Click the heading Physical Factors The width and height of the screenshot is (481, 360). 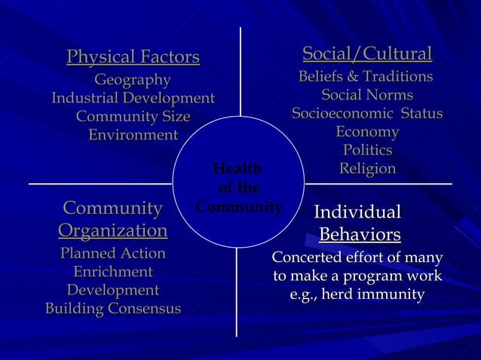[x=133, y=57]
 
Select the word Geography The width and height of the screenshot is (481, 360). [x=133, y=81]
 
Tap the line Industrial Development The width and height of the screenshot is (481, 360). [x=133, y=99]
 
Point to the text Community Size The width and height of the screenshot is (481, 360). [x=133, y=117]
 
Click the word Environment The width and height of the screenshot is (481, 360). [x=133, y=136]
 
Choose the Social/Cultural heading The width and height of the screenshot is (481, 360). [x=367, y=54]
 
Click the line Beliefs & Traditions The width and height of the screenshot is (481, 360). [x=366, y=77]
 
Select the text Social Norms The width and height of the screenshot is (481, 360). [x=367, y=96]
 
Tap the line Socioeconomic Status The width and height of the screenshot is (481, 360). [x=367, y=114]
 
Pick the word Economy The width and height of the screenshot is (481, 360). [x=367, y=133]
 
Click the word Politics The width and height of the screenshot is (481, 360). [x=367, y=151]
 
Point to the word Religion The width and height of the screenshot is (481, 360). [x=367, y=169]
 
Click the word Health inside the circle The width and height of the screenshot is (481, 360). [x=237, y=169]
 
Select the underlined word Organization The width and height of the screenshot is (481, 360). [x=113, y=230]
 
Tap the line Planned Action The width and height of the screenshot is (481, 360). [x=113, y=254]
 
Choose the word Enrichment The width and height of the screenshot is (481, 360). [x=113, y=272]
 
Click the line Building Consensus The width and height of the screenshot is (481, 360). [x=113, y=309]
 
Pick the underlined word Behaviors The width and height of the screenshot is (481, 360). [x=360, y=236]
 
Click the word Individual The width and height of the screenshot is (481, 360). [x=357, y=212]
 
